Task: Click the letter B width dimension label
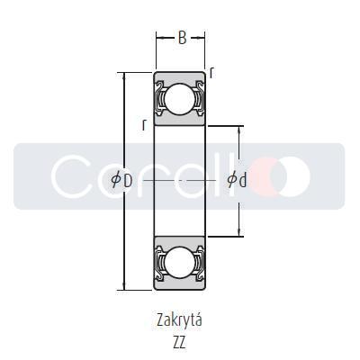pos(181,39)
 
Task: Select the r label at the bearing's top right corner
pos(211,72)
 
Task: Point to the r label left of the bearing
pos(144,125)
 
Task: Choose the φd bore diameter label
pos(237,180)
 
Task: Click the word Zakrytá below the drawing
pos(180,319)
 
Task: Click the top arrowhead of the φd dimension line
pos(238,130)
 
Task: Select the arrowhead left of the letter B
pos(158,39)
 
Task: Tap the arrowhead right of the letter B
pos(202,39)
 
